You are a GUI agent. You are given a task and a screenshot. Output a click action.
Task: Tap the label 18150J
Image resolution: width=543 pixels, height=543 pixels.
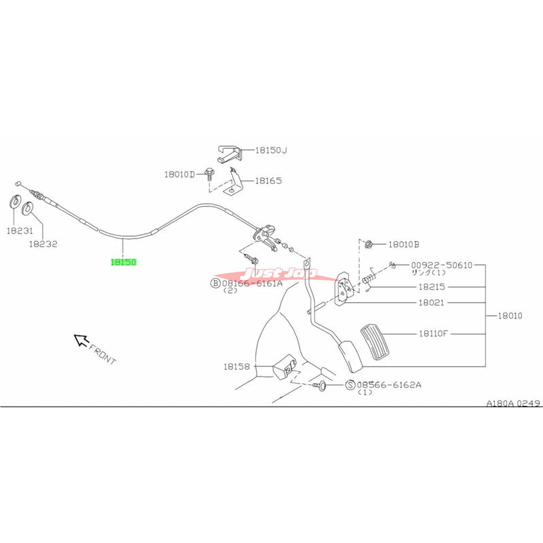pyautogui.click(x=271, y=150)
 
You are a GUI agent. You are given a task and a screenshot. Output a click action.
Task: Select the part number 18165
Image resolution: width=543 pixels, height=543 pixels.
pyautogui.click(x=268, y=181)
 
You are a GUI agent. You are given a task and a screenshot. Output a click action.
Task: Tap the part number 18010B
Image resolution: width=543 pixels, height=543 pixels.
pyautogui.click(x=405, y=244)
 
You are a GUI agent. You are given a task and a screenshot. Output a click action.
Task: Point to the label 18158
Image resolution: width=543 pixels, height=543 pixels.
pyautogui.click(x=238, y=366)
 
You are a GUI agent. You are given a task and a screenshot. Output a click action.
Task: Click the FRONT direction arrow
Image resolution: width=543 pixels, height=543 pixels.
pyautogui.click(x=81, y=339)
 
